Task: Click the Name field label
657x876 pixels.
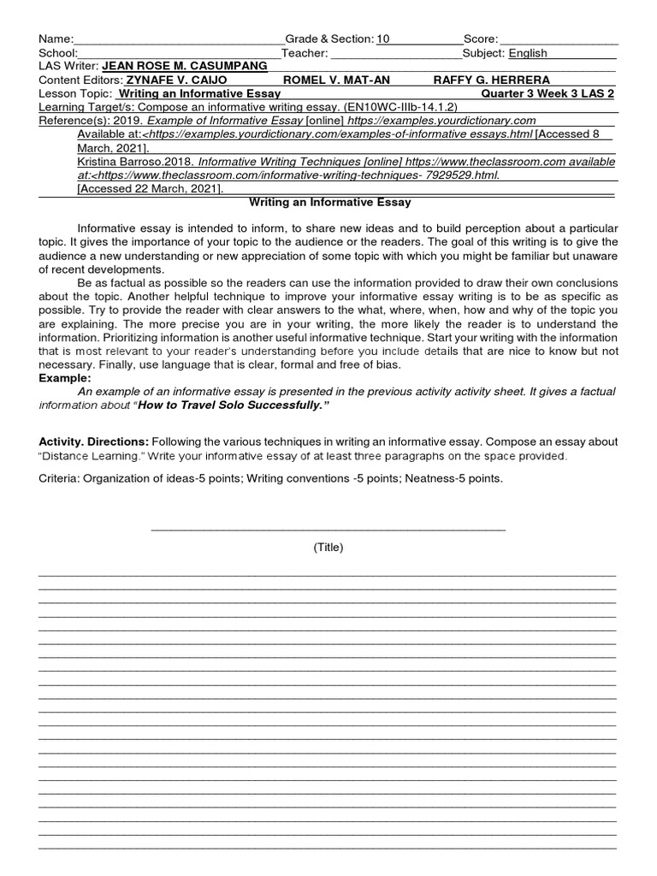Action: pyautogui.click(x=56, y=39)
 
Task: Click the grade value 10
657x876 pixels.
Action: pyautogui.click(x=382, y=39)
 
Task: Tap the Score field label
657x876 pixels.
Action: pyautogui.click(x=480, y=39)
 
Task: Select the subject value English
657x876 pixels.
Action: pyautogui.click(x=528, y=53)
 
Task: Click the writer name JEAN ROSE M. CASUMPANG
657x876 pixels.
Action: pyautogui.click(x=184, y=66)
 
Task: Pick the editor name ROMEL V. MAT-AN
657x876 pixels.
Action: pyautogui.click(x=336, y=80)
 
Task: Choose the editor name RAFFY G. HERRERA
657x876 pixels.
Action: pyautogui.click(x=492, y=80)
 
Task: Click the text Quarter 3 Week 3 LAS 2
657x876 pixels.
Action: pyautogui.click(x=547, y=93)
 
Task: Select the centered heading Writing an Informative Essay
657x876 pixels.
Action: pyautogui.click(x=329, y=203)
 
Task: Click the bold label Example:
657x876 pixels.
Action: pyautogui.click(x=65, y=378)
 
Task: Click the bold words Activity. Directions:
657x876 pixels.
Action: pyautogui.click(x=94, y=441)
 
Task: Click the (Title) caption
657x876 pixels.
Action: pyautogui.click(x=328, y=547)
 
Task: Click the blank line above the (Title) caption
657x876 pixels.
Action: pyautogui.click(x=328, y=529)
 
